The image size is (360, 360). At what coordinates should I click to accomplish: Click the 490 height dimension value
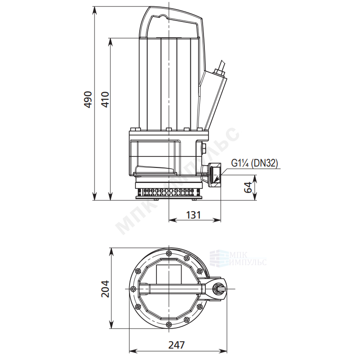[x=88, y=99]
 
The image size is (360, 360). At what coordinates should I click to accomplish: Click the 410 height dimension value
[x=105, y=99]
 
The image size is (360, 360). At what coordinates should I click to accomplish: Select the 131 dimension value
[x=193, y=215]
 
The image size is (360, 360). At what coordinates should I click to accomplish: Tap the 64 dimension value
[x=248, y=188]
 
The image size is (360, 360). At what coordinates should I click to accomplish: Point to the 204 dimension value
[x=105, y=289]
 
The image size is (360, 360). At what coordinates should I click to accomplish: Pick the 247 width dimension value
[x=177, y=345]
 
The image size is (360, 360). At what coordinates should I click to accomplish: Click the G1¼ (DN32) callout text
[x=255, y=163]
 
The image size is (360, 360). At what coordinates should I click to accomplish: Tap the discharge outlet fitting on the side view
[x=214, y=174]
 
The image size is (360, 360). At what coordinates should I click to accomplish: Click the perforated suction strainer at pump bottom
[x=169, y=193]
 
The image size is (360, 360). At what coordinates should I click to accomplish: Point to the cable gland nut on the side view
[x=219, y=71]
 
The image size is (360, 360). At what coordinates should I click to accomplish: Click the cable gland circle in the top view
[x=218, y=288]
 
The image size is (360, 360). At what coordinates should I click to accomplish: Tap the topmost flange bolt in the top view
[x=169, y=253]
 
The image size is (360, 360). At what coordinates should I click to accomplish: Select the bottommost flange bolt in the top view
[x=169, y=324]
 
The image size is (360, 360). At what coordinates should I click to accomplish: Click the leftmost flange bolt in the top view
[x=132, y=289]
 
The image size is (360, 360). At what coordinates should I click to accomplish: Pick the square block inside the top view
[x=169, y=274]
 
